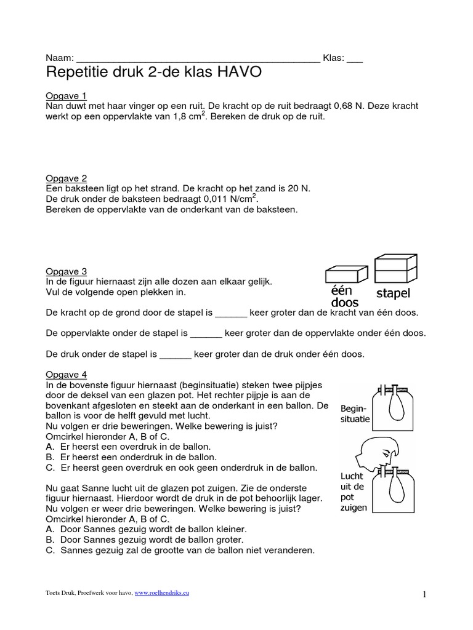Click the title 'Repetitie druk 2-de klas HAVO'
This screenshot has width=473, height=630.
(x=154, y=73)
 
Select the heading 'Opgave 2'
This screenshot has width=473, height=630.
(x=67, y=178)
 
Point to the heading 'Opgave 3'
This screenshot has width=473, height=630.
(x=67, y=271)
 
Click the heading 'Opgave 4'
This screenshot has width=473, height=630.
(x=67, y=375)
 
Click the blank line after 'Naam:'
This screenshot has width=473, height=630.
(x=197, y=58)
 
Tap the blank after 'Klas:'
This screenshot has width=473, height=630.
(x=355, y=58)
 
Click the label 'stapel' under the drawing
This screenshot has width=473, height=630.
(x=394, y=293)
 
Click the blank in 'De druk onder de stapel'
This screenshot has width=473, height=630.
(x=176, y=354)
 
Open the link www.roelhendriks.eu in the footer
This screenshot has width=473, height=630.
(x=161, y=592)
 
